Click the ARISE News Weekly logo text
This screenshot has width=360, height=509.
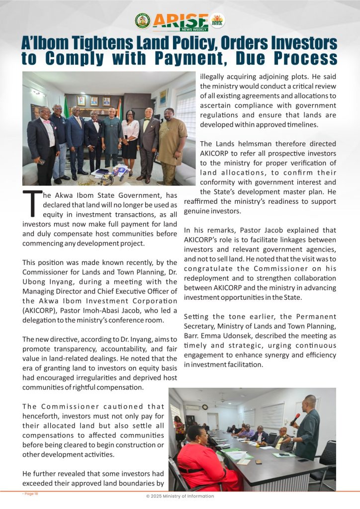pyautogui.click(x=180, y=20)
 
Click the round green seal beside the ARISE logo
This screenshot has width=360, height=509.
pyautogui.click(x=143, y=20)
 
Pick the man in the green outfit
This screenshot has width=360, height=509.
pyautogui.click(x=111, y=139)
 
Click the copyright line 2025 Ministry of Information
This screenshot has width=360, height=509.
pyautogui.click(x=180, y=496)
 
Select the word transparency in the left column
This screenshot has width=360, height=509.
pyautogui.click(x=65, y=348)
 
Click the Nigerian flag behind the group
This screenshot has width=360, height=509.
pyautogui.click(x=66, y=107)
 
